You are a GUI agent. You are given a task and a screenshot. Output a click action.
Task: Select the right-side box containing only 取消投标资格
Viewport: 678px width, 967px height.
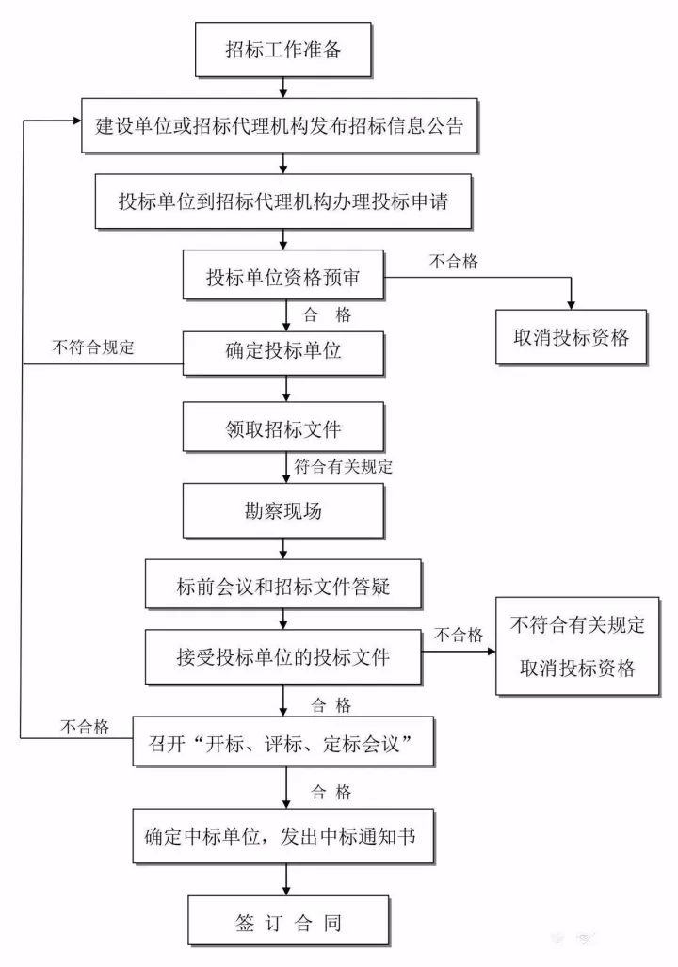572,337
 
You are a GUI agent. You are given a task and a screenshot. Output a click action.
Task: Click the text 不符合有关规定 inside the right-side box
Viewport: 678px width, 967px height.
577,625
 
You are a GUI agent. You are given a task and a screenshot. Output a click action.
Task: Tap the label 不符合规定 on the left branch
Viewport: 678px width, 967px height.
93,347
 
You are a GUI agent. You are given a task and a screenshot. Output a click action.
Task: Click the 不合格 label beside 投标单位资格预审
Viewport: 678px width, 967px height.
454,262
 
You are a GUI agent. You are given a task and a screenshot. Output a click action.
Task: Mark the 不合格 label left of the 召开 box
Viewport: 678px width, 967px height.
86,726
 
